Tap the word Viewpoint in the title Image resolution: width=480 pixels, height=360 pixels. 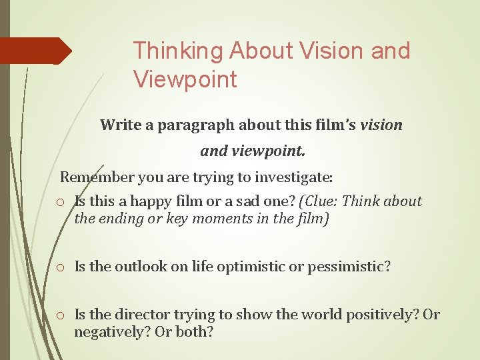click(185, 79)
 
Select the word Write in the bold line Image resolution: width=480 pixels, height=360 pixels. click(117, 125)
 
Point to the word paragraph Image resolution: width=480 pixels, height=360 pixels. click(189, 125)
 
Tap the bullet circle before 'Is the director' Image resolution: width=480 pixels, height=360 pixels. click(60, 315)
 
